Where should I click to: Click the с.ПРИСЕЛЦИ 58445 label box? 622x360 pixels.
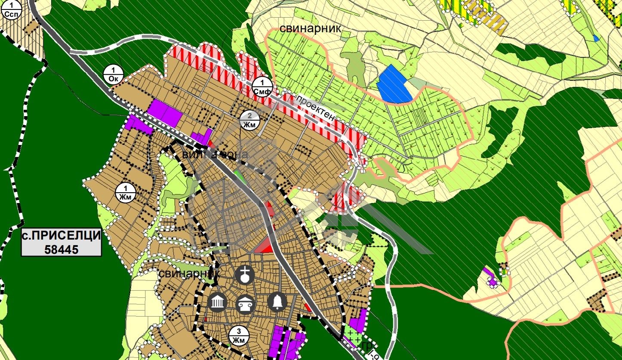point(62,243)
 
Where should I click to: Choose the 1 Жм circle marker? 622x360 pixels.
point(126,192)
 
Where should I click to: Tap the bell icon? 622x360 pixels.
point(277,302)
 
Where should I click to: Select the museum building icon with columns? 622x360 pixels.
point(217,302)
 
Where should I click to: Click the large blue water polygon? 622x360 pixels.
point(394,84)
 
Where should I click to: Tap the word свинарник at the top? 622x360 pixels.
point(310,28)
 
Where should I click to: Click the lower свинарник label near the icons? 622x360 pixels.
point(189,274)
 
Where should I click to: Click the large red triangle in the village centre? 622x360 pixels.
point(265,246)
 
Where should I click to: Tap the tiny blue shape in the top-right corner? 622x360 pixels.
point(596,38)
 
